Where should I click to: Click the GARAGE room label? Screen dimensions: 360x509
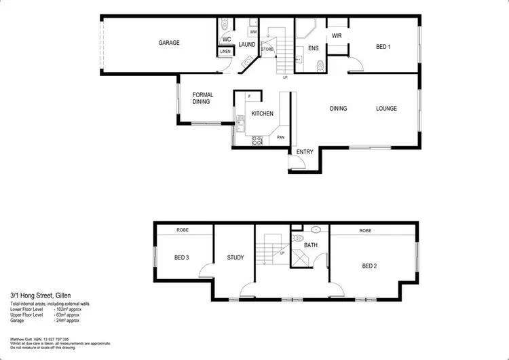click(169, 43)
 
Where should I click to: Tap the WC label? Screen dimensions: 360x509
click(227, 39)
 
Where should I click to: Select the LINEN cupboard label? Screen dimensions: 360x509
click(225, 52)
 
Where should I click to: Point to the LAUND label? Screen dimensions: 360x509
click(247, 45)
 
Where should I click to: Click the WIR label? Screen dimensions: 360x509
click(336, 36)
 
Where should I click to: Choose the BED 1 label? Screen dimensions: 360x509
click(383, 47)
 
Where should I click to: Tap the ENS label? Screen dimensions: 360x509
click(313, 48)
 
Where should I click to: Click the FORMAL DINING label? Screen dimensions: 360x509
click(203, 98)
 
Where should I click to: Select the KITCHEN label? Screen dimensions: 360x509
click(262, 114)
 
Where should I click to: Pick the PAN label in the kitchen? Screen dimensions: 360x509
click(280, 138)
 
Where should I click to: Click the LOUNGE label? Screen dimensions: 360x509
click(387, 109)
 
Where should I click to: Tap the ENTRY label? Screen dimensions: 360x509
click(305, 151)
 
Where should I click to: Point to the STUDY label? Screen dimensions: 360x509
click(235, 258)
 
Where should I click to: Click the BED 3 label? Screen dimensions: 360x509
click(181, 258)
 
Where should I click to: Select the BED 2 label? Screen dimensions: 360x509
click(369, 266)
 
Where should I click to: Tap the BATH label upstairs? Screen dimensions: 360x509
click(311, 245)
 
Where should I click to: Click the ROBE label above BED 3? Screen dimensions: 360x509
click(183, 230)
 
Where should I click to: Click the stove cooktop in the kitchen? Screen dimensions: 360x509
click(258, 141)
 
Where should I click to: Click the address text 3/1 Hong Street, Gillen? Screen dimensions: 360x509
click(41, 295)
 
